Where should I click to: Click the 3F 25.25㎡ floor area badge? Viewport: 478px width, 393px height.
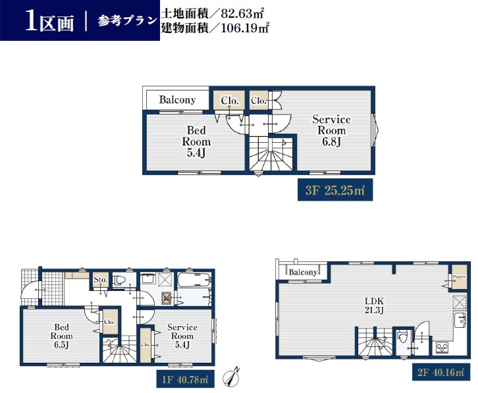click(x=335, y=190)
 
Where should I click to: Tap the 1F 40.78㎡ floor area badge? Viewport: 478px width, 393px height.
click(x=185, y=379)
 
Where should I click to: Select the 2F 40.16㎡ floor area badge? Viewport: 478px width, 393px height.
click(x=441, y=372)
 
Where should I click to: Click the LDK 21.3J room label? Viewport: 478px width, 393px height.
click(x=374, y=305)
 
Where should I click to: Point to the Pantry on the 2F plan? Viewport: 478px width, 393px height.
click(x=459, y=277)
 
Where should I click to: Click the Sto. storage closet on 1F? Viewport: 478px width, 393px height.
click(x=100, y=280)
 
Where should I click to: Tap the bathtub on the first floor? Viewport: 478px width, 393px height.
click(x=194, y=280)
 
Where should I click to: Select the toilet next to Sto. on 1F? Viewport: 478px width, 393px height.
click(x=119, y=280)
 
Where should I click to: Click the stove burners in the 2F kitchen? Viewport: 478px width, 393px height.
click(x=442, y=348)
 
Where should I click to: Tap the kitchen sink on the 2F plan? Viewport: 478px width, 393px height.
click(x=460, y=320)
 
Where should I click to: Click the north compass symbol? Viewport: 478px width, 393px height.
click(x=231, y=377)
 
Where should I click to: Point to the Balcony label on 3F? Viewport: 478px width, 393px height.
click(x=177, y=99)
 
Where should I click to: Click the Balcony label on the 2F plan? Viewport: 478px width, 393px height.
click(x=303, y=272)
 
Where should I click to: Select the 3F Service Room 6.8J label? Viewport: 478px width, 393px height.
click(x=331, y=130)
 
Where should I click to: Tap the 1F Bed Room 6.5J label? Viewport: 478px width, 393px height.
click(x=62, y=336)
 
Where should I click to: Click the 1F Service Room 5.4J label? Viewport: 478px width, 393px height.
click(x=182, y=336)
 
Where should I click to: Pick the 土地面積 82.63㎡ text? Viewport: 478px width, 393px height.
click(x=212, y=14)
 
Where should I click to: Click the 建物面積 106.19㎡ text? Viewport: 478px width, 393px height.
click(x=215, y=28)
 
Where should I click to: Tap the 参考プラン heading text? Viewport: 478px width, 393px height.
click(x=127, y=20)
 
